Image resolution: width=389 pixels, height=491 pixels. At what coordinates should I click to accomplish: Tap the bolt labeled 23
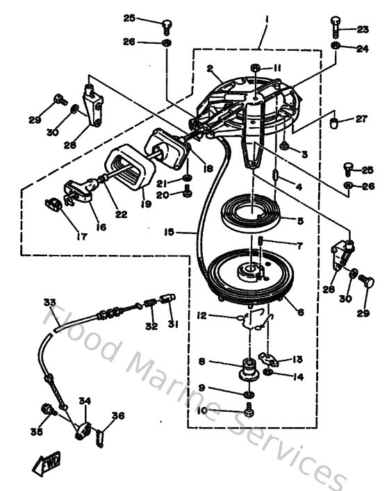[334, 30]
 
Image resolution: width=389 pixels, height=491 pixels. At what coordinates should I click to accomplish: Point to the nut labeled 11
[256, 68]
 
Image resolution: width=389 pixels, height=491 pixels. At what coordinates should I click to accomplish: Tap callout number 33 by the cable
[49, 302]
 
